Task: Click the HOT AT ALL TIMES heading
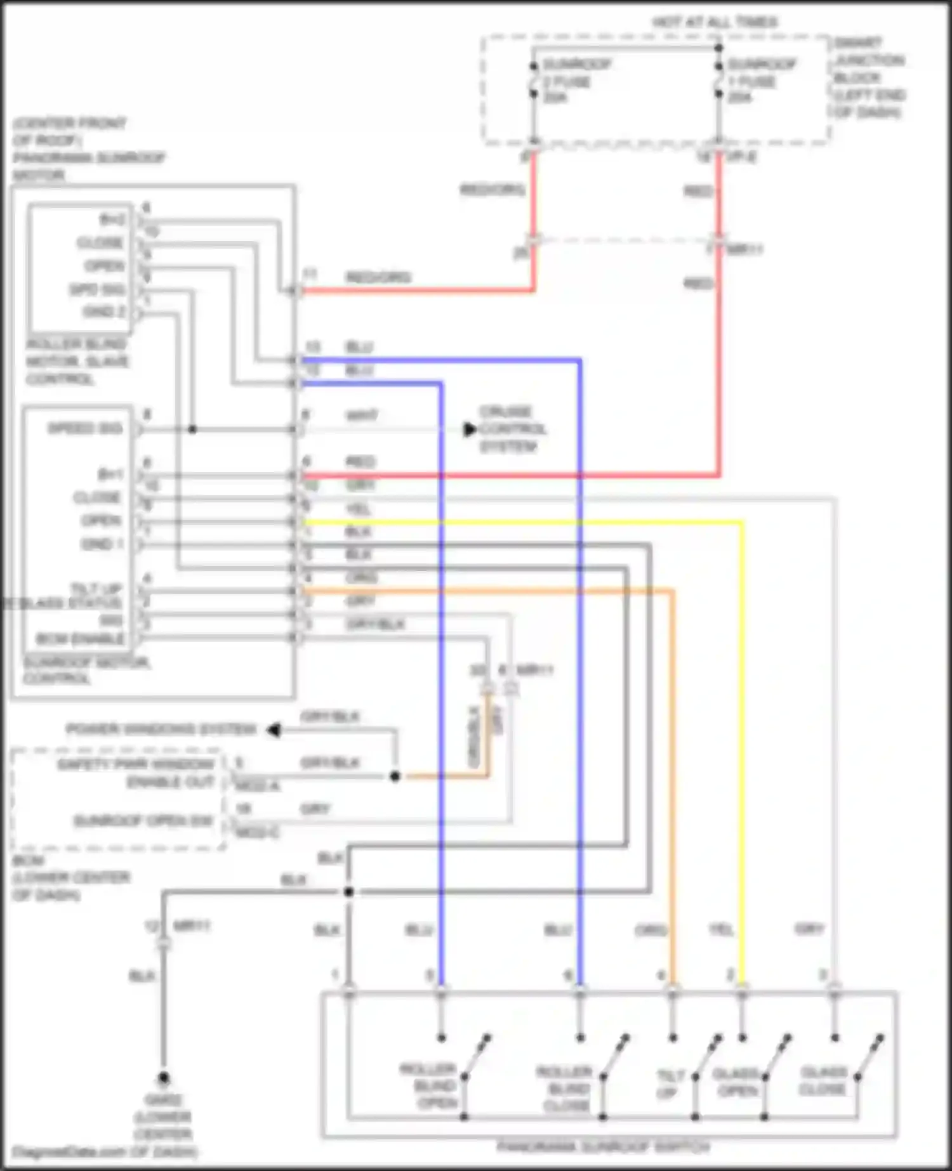point(715,22)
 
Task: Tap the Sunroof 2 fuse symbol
point(534,80)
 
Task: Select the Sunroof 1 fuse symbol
point(718,80)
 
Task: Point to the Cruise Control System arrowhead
point(470,429)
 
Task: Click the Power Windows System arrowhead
point(274,730)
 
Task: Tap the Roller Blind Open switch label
point(437,1085)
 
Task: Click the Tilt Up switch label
point(670,1083)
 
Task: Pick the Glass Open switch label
point(736,1082)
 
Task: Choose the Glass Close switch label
point(824,1080)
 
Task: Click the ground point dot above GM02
point(163,1078)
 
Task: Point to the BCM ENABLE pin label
point(80,638)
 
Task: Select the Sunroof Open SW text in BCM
point(143,821)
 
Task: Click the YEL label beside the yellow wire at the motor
point(358,509)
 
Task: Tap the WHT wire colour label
point(361,416)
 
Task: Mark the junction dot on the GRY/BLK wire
point(395,776)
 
